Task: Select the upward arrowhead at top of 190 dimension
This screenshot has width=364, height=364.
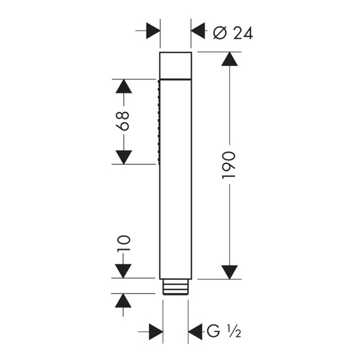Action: click(x=229, y=59)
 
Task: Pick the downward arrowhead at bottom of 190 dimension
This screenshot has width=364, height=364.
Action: click(x=229, y=272)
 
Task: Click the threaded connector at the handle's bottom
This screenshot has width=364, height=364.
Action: click(x=175, y=287)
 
